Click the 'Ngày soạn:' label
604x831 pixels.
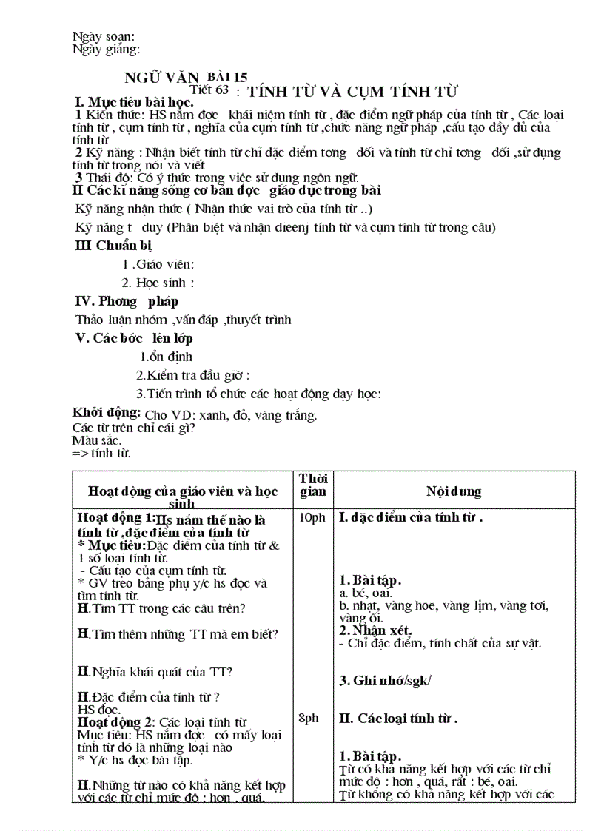pos(104,36)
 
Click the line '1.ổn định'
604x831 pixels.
pos(166,357)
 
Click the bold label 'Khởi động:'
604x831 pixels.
pos(107,412)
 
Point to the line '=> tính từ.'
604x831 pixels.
pos(101,453)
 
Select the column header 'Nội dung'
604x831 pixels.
pos(454,491)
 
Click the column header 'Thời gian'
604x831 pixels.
pos(312,485)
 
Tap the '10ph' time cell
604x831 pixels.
pos(312,518)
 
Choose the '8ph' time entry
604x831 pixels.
pos(309,718)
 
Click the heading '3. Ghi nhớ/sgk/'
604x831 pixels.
pos(385,681)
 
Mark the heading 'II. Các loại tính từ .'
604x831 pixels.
pos(398,718)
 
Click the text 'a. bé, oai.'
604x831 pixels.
pos(366,593)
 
